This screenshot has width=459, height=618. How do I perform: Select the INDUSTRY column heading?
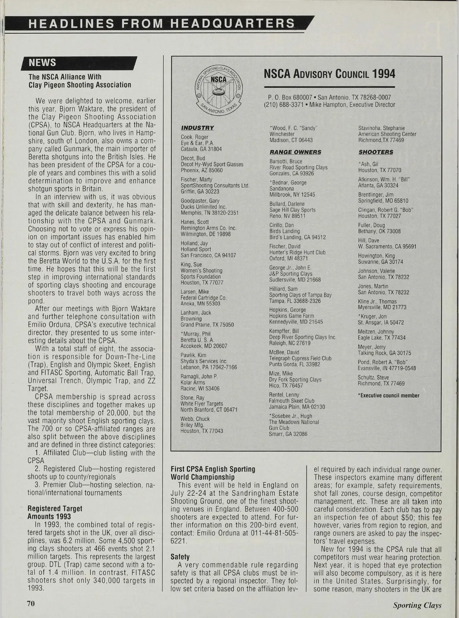tap(197, 128)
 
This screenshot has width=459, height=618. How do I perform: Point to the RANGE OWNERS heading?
tap(295, 152)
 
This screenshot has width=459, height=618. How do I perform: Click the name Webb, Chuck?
tap(195, 419)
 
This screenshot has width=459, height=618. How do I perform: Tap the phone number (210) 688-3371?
tap(285, 105)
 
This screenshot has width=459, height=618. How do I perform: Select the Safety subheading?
tap(180, 557)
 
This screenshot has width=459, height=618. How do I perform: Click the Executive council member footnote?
tap(389, 396)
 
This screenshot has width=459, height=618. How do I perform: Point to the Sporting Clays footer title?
tap(417, 605)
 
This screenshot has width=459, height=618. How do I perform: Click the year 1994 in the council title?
tap(384, 74)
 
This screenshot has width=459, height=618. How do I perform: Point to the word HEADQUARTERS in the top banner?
tap(232, 23)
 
